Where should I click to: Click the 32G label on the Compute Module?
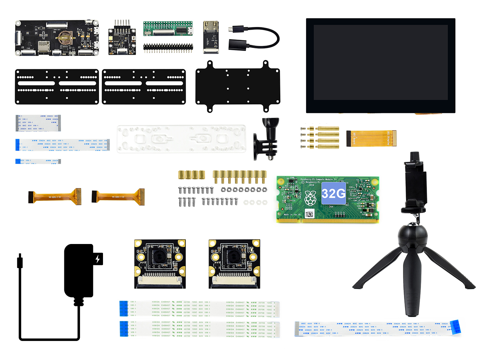tap(333, 193)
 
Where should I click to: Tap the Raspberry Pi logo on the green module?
tap(311, 198)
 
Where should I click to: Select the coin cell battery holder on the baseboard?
tap(65, 38)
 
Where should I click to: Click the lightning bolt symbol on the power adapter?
tap(98, 259)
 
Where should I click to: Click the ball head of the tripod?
tap(412, 237)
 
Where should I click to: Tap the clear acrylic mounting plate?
tap(181, 139)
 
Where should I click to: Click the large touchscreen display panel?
tap(381, 66)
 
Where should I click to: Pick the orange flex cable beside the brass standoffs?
tap(371, 138)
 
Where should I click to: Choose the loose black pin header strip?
tap(168, 47)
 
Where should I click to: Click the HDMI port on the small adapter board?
tap(211, 26)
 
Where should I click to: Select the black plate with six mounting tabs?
tap(238, 86)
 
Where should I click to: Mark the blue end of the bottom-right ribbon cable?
tap(455, 326)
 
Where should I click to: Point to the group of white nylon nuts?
tap(255, 202)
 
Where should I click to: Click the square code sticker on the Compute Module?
tap(310, 214)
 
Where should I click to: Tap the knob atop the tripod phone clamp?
tap(414, 156)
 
